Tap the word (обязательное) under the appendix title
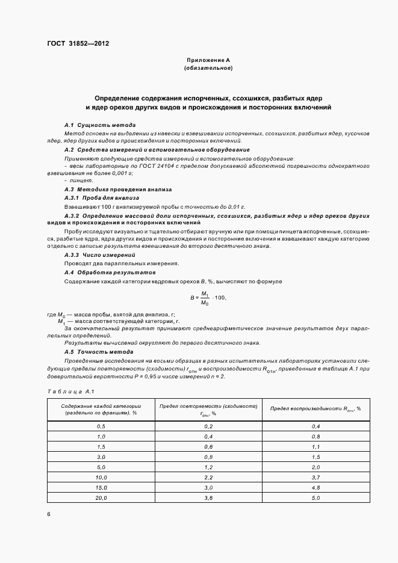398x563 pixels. (208, 69)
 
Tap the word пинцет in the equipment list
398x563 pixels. (75, 180)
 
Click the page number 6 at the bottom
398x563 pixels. (49, 514)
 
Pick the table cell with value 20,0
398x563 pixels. (101, 499)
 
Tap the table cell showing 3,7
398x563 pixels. (316, 476)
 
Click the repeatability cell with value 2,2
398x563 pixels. (208, 476)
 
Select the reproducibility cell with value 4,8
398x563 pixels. (316, 487)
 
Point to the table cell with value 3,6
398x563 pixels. (208, 499)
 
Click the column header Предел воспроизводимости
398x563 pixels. (316, 408)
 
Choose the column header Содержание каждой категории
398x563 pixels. (101, 409)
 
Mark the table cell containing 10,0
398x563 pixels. (101, 476)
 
